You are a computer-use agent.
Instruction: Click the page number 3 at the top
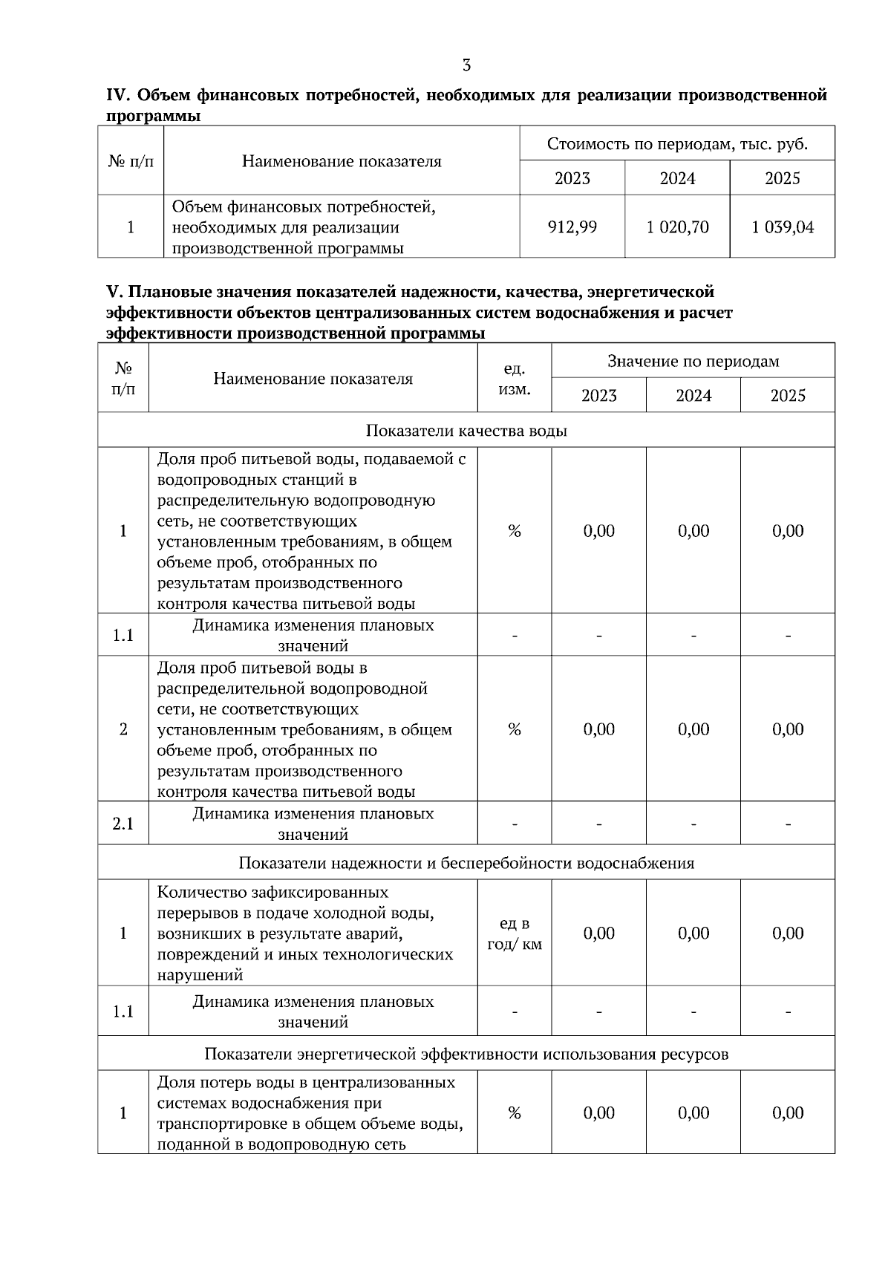(x=466, y=65)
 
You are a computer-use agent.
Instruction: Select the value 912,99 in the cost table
(x=572, y=227)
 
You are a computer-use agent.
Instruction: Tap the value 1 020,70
(x=677, y=227)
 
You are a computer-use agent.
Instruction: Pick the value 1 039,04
(x=783, y=227)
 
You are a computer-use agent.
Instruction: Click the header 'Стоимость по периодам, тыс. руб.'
(x=677, y=144)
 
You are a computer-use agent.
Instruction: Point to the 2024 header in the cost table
(x=677, y=178)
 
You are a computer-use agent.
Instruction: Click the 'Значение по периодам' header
(x=693, y=362)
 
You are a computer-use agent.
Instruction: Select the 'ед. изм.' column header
(x=515, y=379)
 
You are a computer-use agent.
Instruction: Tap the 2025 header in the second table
(x=787, y=396)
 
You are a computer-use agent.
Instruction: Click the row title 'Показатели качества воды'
(x=466, y=431)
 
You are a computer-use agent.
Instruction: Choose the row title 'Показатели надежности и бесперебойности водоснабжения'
(x=466, y=863)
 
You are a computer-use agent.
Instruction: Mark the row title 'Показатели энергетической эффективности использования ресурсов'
(x=466, y=1054)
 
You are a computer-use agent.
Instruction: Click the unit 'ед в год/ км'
(x=515, y=933)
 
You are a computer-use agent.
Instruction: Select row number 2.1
(x=123, y=824)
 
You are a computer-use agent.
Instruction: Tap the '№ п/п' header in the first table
(x=131, y=161)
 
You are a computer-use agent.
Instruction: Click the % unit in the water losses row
(x=515, y=1112)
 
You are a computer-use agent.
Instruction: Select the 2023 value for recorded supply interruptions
(x=598, y=933)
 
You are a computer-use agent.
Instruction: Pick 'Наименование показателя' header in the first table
(x=342, y=161)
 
